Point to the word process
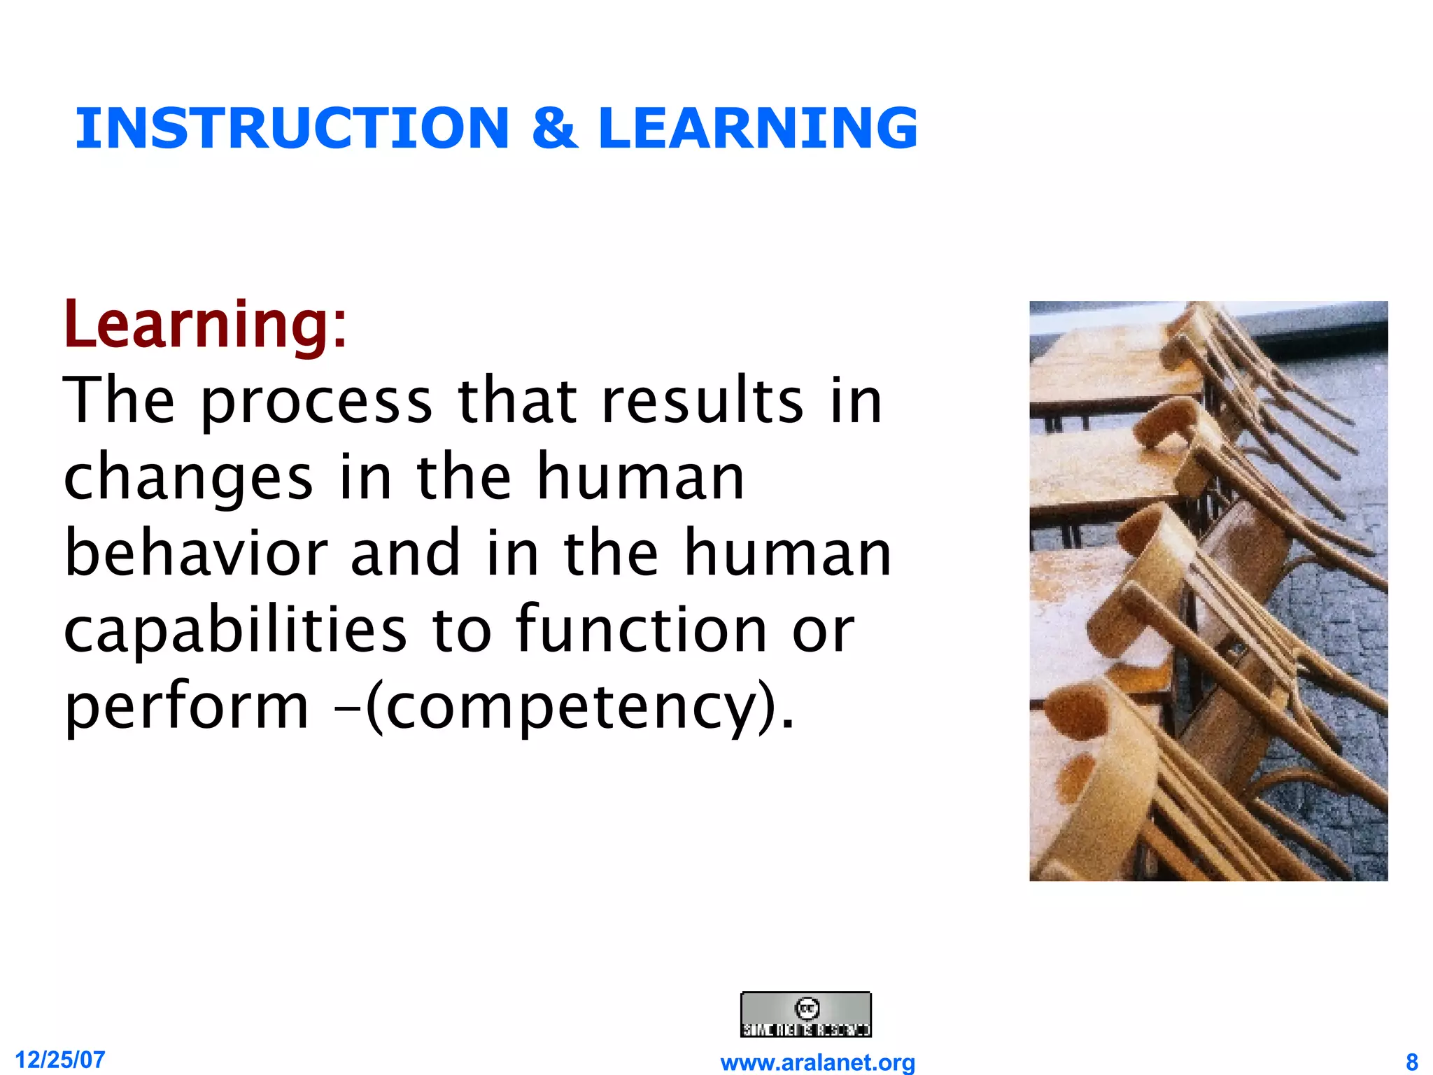[x=316, y=402]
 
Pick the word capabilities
[x=235, y=630]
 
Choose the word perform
[x=186, y=707]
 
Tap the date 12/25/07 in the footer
[x=59, y=1060]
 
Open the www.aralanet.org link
[x=817, y=1062]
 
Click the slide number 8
[x=1411, y=1061]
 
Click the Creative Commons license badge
[x=805, y=1014]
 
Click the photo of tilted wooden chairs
[x=1208, y=591]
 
